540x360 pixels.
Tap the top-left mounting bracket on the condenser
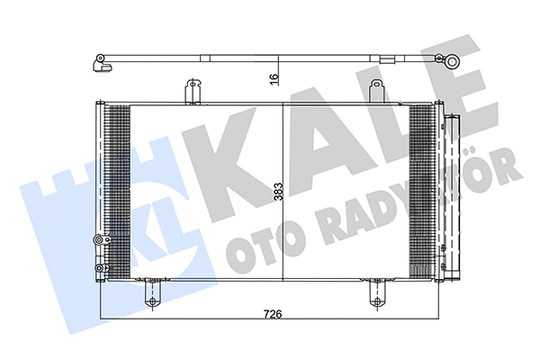[192, 91]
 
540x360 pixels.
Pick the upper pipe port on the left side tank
[97, 238]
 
